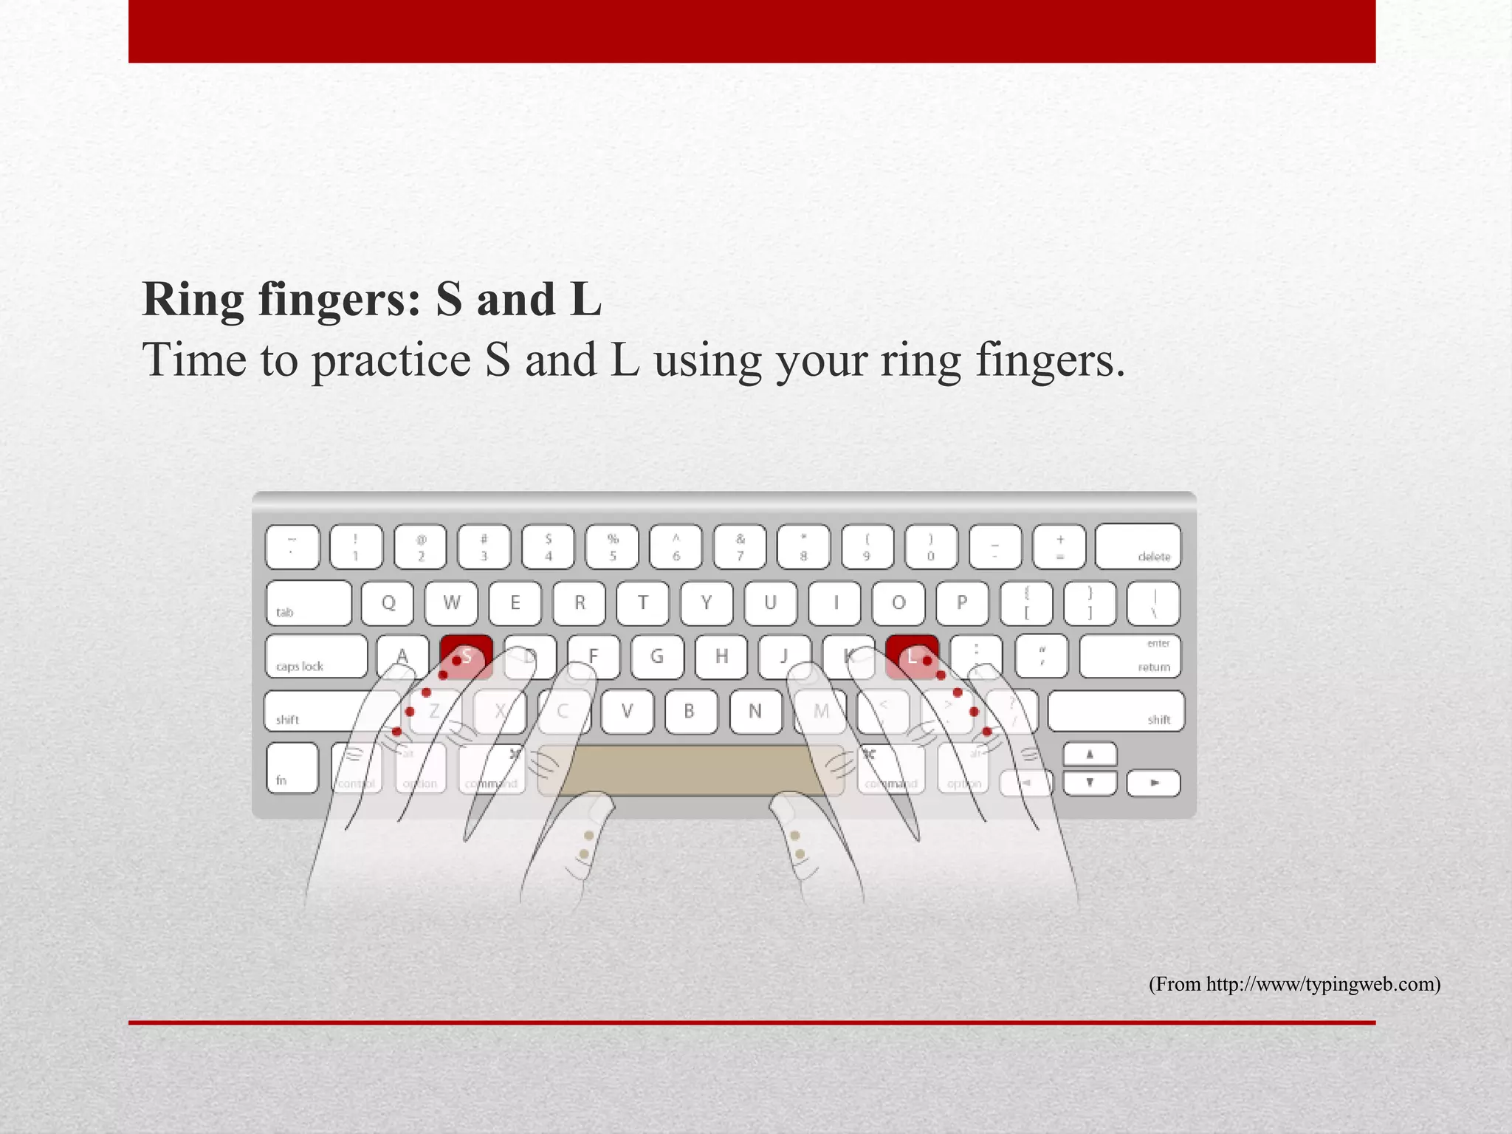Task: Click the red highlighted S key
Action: pos(466,656)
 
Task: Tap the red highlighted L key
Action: pos(912,656)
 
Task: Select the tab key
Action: pos(309,602)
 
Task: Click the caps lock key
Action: pos(316,656)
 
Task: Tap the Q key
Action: pos(388,602)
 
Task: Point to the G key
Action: pos(657,656)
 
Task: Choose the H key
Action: pos(721,656)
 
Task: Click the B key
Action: pos(690,711)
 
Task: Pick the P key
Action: pos(961,602)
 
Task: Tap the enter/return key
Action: pos(1130,656)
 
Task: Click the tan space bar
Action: pos(690,770)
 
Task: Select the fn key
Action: pos(292,768)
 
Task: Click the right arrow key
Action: pos(1153,783)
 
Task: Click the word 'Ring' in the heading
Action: pos(193,300)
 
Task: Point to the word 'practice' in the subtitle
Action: pos(391,361)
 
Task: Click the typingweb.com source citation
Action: pos(1294,984)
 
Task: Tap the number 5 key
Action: pos(612,547)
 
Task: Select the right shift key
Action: pos(1116,711)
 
